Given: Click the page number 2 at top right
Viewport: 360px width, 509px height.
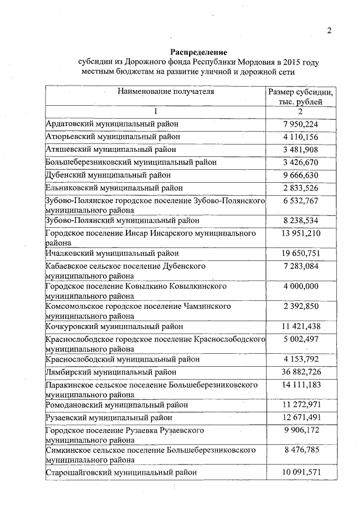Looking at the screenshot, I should pos(330,31).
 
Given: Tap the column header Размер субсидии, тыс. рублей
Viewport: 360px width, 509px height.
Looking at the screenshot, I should pos(301,96).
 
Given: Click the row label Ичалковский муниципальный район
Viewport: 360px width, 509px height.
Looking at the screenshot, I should pos(112,253).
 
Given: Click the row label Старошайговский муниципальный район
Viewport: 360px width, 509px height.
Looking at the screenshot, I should pos(121,472).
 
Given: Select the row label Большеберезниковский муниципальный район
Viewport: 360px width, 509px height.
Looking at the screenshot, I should pos(131,162).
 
